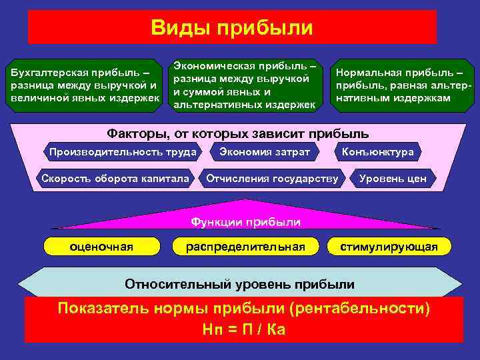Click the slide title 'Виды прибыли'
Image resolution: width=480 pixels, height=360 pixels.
(x=231, y=27)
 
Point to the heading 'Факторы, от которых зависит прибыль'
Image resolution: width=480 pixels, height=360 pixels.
(x=238, y=132)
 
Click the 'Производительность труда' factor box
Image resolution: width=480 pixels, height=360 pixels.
(x=123, y=152)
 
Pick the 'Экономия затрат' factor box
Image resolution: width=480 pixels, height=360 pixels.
(x=265, y=152)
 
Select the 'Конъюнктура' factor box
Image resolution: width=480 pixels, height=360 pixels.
(x=377, y=152)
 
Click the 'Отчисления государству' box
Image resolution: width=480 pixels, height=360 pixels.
(x=273, y=178)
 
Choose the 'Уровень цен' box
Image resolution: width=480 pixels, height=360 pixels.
(x=393, y=178)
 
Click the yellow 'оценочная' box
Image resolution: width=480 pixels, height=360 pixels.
(x=101, y=247)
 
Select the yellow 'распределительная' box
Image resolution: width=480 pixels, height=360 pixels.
(x=246, y=247)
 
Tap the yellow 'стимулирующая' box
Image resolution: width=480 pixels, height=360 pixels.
(x=389, y=247)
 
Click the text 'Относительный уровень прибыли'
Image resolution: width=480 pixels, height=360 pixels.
(x=239, y=284)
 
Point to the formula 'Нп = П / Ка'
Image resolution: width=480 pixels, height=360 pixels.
(x=243, y=329)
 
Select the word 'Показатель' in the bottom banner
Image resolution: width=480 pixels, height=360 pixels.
(x=105, y=309)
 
